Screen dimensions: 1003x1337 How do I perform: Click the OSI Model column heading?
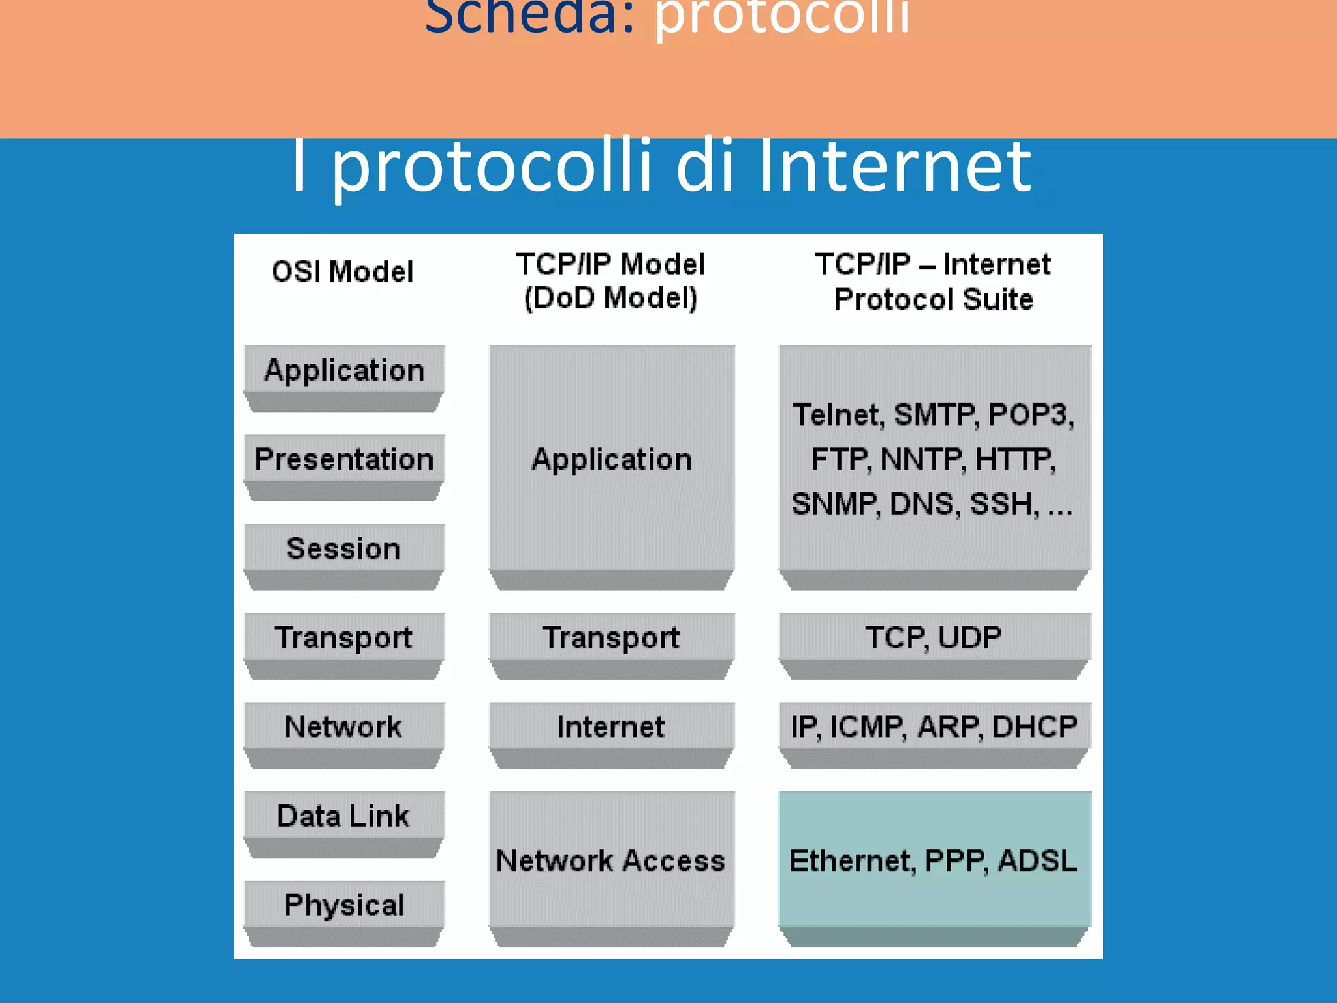point(343,272)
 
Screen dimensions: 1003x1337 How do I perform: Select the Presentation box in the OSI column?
point(344,459)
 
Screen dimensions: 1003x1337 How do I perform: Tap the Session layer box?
point(343,549)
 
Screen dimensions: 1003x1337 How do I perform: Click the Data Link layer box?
point(343,816)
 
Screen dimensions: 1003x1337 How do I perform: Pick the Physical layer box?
point(344,906)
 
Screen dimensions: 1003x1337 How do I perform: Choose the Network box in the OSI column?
point(343,727)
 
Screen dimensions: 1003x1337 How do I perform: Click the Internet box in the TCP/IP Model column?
point(611,727)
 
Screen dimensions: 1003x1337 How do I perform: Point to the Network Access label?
point(611,861)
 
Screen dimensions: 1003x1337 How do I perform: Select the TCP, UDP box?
point(934,637)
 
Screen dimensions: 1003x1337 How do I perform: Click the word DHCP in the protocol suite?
point(1035,727)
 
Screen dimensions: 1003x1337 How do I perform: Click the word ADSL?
point(1038,861)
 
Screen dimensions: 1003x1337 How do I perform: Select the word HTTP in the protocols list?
point(1015,459)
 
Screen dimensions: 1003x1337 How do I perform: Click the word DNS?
point(924,504)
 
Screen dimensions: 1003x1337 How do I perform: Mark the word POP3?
point(1030,415)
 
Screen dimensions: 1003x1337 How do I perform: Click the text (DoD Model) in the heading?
point(611,298)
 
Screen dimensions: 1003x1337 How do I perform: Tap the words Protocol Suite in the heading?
point(934,300)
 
